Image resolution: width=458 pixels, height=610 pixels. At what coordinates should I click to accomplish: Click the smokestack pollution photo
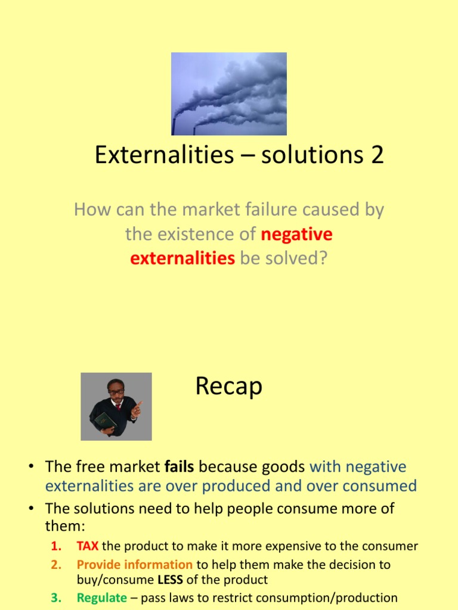229,94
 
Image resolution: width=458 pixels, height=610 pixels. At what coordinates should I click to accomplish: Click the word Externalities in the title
164,155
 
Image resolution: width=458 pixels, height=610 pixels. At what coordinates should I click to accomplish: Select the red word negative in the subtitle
296,234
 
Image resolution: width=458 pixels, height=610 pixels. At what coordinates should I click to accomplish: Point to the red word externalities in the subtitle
182,259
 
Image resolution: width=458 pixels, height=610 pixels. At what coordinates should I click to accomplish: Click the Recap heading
228,387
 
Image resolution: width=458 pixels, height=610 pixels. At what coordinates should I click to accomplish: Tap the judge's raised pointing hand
137,407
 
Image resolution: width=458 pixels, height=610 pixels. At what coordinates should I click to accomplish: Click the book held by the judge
105,421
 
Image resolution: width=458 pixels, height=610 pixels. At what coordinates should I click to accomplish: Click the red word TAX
88,546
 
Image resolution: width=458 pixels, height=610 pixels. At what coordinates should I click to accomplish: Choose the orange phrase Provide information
135,564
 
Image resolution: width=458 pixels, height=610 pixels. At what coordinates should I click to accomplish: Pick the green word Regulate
102,597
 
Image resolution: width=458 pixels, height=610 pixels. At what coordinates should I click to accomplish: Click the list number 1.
57,546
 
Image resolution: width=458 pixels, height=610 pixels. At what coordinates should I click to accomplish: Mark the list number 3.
57,597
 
